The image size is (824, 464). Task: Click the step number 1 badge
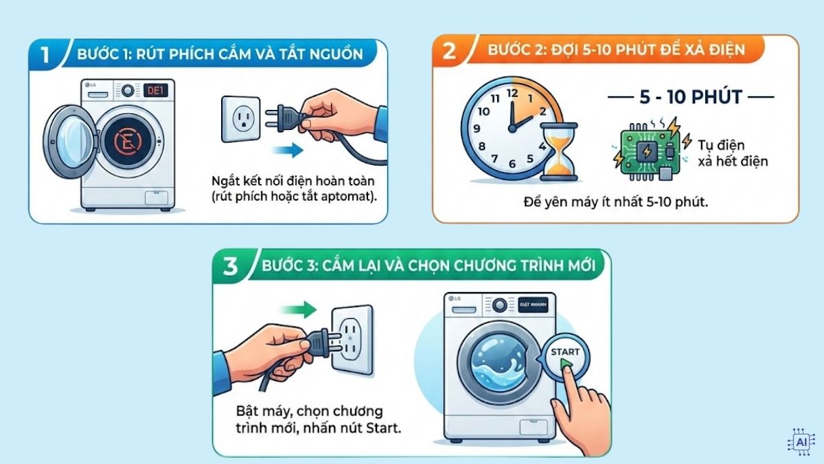pos(45,54)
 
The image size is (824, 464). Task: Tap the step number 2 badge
pos(449,51)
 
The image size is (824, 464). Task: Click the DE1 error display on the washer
pos(156,91)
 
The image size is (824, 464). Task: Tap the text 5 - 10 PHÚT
pos(690,97)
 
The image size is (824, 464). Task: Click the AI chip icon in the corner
pos(800,441)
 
